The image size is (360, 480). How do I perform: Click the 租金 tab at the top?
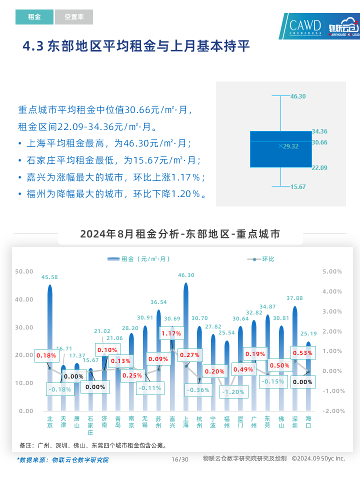point(34,17)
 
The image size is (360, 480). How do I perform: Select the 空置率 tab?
point(73,17)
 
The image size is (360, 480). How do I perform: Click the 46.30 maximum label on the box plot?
point(298,96)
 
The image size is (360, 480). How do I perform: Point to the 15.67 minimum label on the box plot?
point(298,186)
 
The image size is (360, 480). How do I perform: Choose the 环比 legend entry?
point(261,259)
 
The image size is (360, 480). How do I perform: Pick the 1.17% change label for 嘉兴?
point(171,333)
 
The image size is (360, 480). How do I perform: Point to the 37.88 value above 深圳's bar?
point(294,298)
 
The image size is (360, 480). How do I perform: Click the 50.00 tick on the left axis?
point(24,271)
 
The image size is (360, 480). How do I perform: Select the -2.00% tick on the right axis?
point(332,411)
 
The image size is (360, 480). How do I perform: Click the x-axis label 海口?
point(308,422)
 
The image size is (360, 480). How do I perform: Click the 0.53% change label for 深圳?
point(302,353)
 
